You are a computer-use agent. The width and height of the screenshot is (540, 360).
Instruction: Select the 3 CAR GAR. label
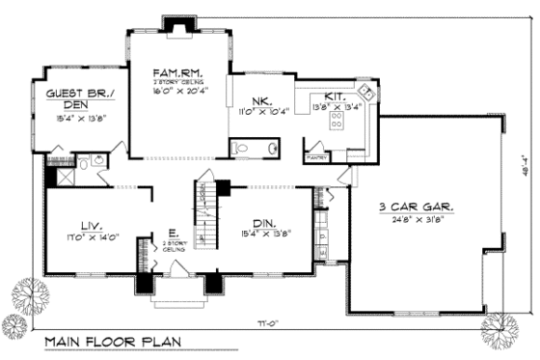(x=418, y=207)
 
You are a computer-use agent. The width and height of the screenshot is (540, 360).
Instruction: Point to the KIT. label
(x=335, y=97)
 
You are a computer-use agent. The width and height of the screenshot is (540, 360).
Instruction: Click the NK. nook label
(x=261, y=101)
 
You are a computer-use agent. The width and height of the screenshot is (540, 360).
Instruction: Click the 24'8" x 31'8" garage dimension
(x=418, y=218)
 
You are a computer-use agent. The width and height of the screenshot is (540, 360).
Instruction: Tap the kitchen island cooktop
(x=337, y=120)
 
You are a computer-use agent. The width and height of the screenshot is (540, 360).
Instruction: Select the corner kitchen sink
(x=365, y=94)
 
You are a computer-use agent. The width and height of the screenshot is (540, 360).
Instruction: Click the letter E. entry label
(x=171, y=232)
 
